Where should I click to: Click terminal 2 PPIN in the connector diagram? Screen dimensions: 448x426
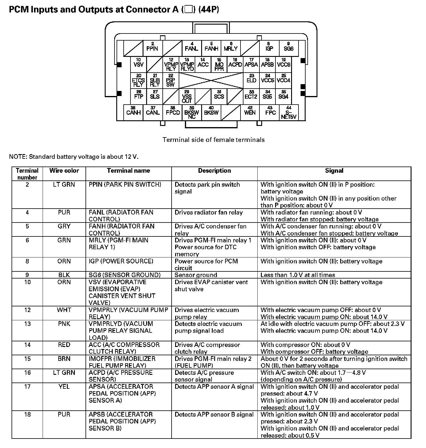coord(152,48)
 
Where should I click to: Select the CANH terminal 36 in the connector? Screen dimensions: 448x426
coord(133,112)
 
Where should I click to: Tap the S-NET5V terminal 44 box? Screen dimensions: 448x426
coord(289,113)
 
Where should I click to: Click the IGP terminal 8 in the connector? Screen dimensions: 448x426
coord(269,48)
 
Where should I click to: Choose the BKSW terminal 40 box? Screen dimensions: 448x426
coord(211,112)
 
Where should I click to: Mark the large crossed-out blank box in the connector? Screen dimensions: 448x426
coord(211,80)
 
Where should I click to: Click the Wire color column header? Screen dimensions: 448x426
coord(64,171)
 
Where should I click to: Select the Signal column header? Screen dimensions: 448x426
coord(334,171)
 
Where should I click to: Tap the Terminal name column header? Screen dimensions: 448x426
coord(128,171)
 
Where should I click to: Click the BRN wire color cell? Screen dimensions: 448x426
coord(64,359)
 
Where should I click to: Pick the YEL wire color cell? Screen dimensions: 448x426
coord(64,387)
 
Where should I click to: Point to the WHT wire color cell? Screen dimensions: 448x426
coord(64,310)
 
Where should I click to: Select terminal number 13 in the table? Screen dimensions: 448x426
coord(27,324)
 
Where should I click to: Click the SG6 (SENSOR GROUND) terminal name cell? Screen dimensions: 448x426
coord(125,275)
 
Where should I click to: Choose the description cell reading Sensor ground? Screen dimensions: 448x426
coord(196,275)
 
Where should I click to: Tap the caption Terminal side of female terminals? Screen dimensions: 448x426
coord(214,140)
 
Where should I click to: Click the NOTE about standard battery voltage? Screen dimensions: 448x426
coord(74,157)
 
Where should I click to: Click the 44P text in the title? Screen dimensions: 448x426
coord(209,10)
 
